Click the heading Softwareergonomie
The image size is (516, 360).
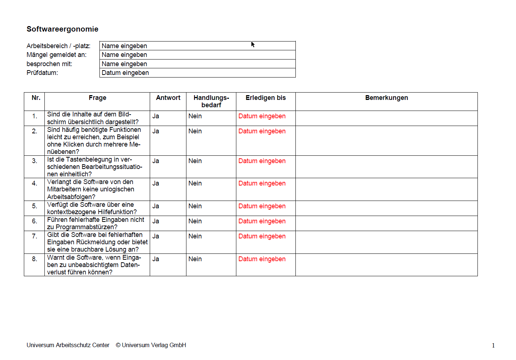click(x=62, y=29)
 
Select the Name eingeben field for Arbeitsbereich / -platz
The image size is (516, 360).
click(x=197, y=46)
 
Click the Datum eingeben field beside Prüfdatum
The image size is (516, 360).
click(x=197, y=73)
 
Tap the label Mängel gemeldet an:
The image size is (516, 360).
click(x=57, y=55)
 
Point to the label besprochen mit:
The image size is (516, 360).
click(x=49, y=64)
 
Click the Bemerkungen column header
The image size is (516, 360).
click(x=386, y=98)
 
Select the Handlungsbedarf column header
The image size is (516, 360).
click(x=211, y=101)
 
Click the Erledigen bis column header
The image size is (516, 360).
click(x=266, y=98)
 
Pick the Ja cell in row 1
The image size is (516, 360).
click(x=156, y=116)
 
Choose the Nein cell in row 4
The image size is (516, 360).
click(x=195, y=183)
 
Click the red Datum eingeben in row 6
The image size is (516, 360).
click(x=262, y=221)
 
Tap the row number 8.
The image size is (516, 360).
click(x=34, y=259)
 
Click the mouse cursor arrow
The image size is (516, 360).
click(x=252, y=44)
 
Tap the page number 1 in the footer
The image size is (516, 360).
click(x=493, y=345)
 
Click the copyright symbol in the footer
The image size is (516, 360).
click(x=118, y=345)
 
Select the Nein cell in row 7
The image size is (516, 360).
click(x=195, y=236)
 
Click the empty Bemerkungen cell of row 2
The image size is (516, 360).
click(x=386, y=141)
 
